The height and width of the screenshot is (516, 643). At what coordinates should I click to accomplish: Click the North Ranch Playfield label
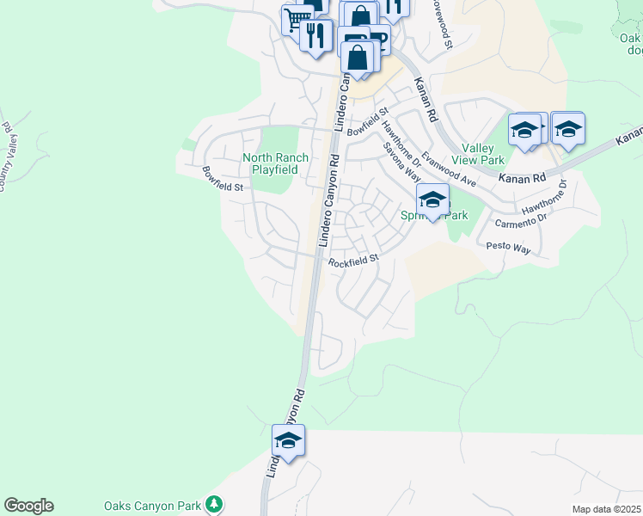pyautogui.click(x=270, y=163)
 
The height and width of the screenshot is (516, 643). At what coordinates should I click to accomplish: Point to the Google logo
pyautogui.click(x=28, y=506)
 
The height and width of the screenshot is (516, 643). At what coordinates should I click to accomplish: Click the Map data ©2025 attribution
pyautogui.click(x=606, y=509)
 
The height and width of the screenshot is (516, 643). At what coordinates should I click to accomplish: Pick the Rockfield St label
pyautogui.click(x=353, y=260)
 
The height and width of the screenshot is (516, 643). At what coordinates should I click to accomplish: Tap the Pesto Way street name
pyautogui.click(x=509, y=248)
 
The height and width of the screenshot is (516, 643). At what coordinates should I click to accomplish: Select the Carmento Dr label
pyautogui.click(x=521, y=221)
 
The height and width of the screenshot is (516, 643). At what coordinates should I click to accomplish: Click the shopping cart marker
pyautogui.click(x=297, y=18)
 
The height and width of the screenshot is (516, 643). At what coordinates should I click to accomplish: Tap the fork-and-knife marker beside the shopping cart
pyautogui.click(x=316, y=34)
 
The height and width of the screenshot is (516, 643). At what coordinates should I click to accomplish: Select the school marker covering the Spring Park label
pyautogui.click(x=432, y=200)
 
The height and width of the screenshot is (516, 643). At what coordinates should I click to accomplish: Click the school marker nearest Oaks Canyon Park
pyautogui.click(x=288, y=441)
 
